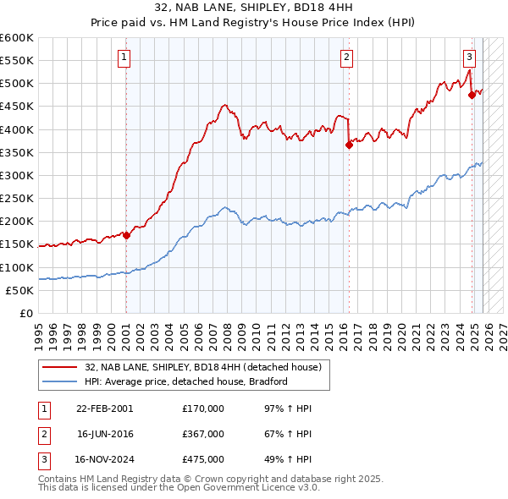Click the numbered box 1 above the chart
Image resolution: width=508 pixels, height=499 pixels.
click(x=124, y=58)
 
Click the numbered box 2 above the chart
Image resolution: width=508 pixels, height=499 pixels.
click(x=347, y=58)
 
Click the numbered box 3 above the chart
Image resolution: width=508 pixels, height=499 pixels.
click(x=469, y=58)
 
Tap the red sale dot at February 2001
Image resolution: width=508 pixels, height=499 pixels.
click(x=126, y=236)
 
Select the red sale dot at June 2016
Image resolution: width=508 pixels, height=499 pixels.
click(x=349, y=145)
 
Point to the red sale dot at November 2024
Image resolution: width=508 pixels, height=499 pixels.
click(x=472, y=96)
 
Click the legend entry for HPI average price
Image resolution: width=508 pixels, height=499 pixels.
click(x=186, y=381)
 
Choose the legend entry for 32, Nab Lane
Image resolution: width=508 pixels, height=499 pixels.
click(x=202, y=368)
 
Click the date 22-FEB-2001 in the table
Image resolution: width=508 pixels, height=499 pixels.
click(x=104, y=409)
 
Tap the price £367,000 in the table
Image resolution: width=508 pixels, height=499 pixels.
click(x=203, y=434)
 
